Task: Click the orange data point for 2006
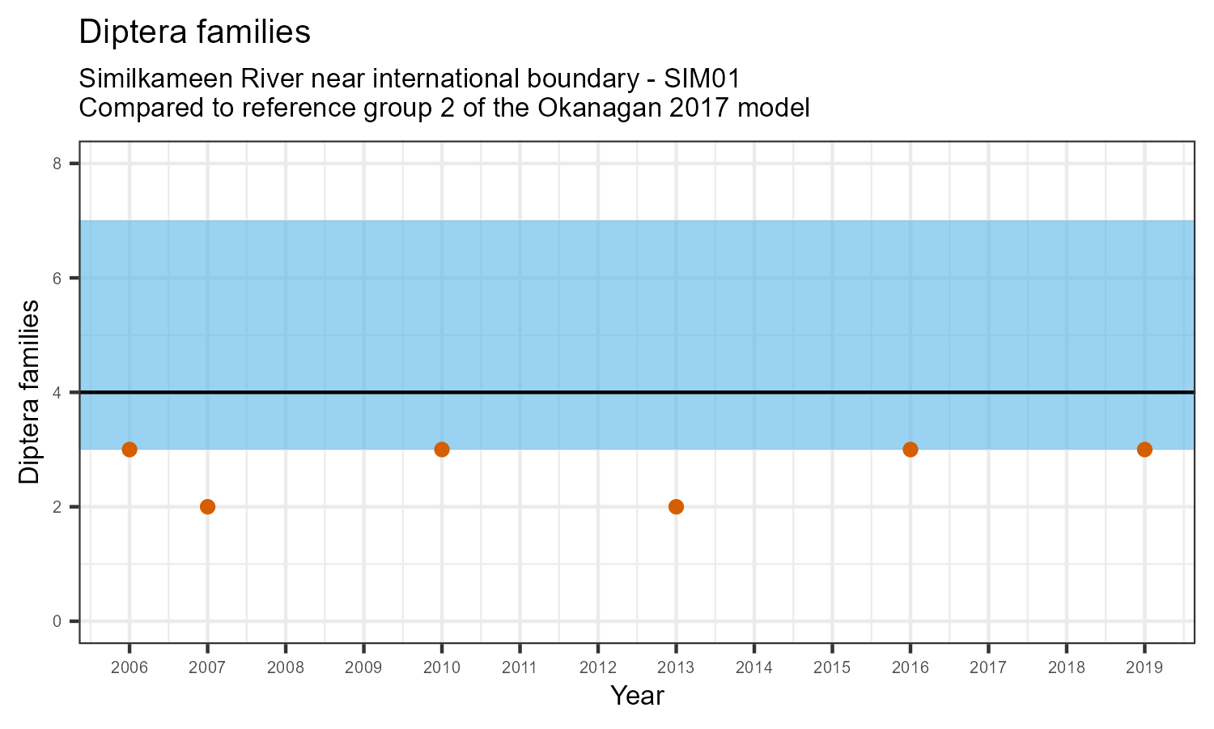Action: pos(129,450)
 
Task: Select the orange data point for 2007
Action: pos(207,507)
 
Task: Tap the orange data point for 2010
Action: pos(442,450)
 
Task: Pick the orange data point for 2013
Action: pos(676,507)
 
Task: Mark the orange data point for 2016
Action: pos(910,450)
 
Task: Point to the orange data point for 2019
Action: pos(1144,450)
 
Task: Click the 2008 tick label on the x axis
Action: pos(286,668)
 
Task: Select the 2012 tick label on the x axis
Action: pos(598,668)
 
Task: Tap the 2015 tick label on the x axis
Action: pos(832,668)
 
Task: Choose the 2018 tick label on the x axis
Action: pos(1066,668)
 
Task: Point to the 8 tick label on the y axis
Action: pos(57,164)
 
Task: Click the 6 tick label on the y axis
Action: pos(57,278)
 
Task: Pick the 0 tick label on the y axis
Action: pos(57,621)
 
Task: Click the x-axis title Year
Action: pos(637,696)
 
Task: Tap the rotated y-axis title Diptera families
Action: pos(30,392)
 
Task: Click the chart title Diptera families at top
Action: pos(194,32)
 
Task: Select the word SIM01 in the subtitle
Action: pos(702,79)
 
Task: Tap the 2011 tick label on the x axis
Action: pos(520,668)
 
